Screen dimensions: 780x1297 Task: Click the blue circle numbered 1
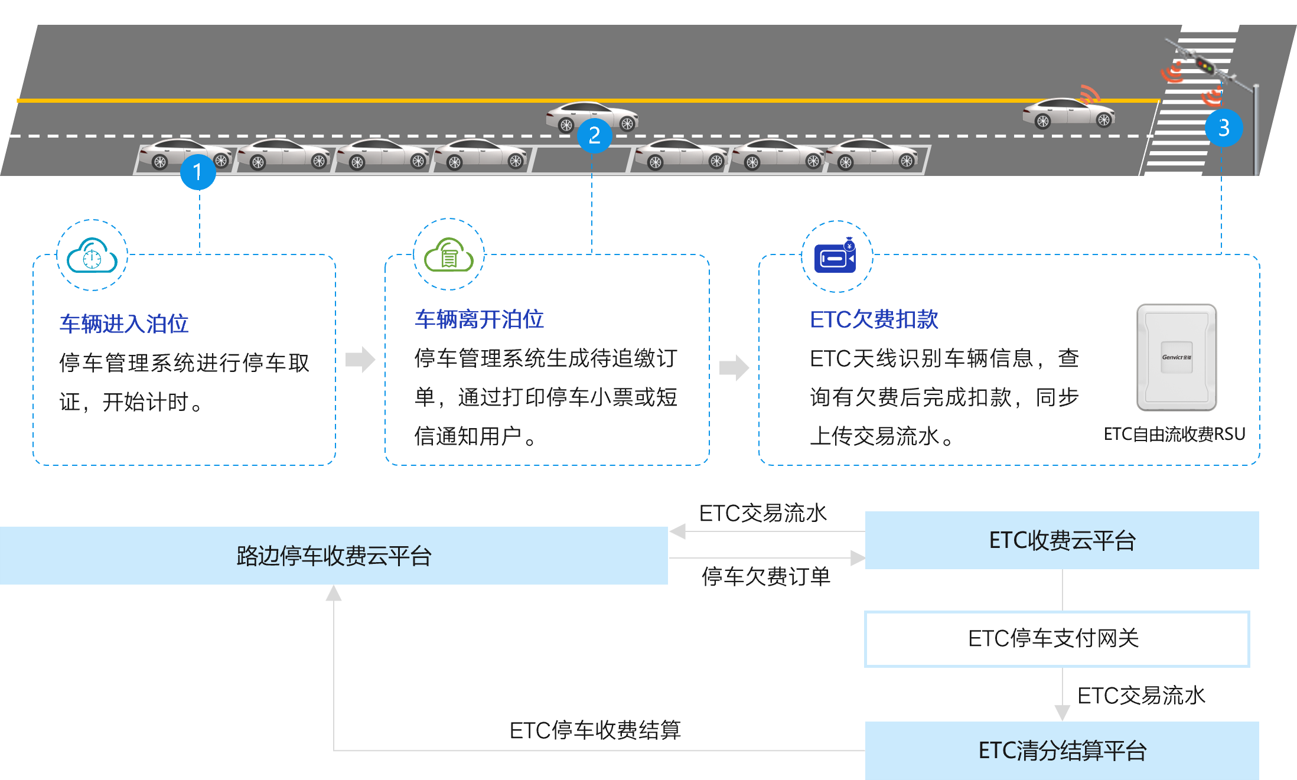(x=198, y=172)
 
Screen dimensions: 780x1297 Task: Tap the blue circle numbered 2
(x=594, y=135)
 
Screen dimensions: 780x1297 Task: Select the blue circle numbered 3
(x=1224, y=128)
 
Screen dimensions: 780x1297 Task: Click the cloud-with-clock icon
(x=92, y=255)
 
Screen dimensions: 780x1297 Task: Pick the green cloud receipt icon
(x=449, y=254)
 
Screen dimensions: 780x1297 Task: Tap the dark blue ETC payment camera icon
(x=836, y=256)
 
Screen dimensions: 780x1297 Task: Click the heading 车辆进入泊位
(x=124, y=324)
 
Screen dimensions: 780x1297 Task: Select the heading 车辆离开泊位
(x=479, y=319)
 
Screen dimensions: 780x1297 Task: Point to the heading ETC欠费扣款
(x=874, y=319)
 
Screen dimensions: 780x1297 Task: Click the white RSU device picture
(x=1177, y=357)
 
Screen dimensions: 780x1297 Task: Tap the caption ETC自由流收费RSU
(x=1174, y=435)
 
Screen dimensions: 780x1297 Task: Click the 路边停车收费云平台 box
(x=334, y=556)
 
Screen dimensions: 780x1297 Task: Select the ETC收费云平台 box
(x=1062, y=540)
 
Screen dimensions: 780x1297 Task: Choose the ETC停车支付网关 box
(x=1057, y=639)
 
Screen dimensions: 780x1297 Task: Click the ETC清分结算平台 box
(x=1062, y=750)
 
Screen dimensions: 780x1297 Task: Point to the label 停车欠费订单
(x=765, y=577)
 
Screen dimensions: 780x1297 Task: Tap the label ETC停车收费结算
(x=595, y=730)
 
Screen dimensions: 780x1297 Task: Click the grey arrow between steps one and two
(x=360, y=359)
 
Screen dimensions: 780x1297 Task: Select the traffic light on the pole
(x=1204, y=66)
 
